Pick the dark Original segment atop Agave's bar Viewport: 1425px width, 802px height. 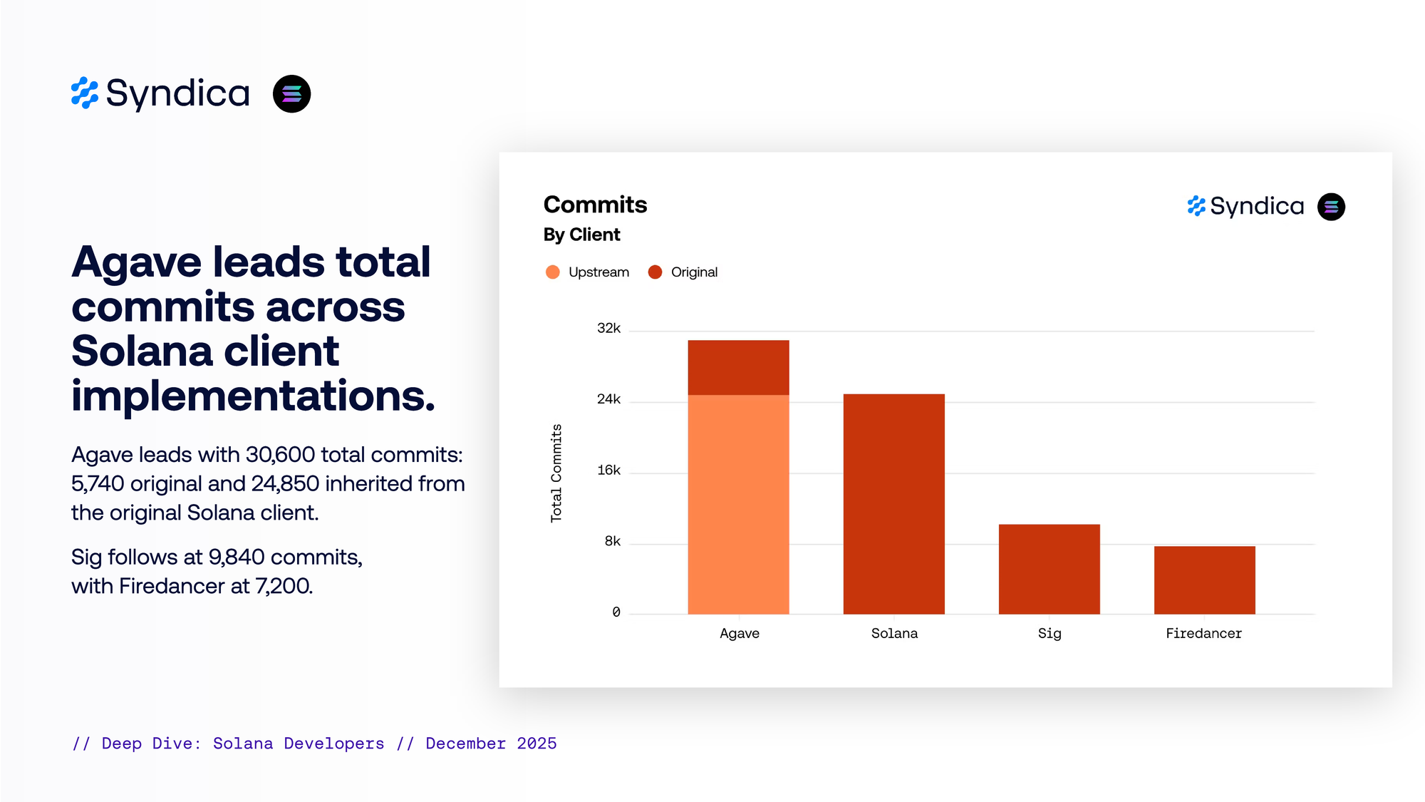click(738, 367)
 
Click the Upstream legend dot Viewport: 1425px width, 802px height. click(552, 272)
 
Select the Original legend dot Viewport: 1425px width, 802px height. click(655, 272)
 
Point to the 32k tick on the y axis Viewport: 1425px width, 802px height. click(608, 329)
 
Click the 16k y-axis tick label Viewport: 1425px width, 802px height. click(608, 471)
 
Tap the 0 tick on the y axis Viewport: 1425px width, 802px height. click(616, 612)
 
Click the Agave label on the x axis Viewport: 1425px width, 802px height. click(739, 634)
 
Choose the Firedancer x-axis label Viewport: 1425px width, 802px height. click(1203, 634)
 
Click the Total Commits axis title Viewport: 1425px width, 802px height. click(556, 473)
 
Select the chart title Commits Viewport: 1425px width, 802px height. click(595, 205)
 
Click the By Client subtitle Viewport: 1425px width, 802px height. click(581, 235)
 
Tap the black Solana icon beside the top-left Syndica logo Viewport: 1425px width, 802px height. click(291, 94)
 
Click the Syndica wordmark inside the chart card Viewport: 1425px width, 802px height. click(1257, 207)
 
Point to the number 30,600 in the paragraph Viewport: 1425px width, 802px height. click(280, 455)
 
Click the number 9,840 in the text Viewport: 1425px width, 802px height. click(237, 557)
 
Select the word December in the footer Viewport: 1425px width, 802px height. click(465, 744)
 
